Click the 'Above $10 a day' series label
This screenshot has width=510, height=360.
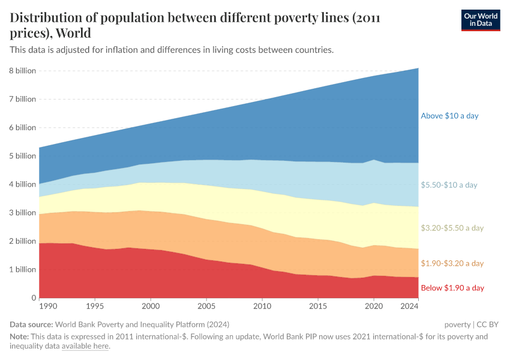click(x=449, y=116)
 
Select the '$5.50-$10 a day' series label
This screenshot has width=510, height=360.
click(x=449, y=185)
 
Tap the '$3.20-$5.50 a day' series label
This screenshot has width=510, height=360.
click(x=452, y=228)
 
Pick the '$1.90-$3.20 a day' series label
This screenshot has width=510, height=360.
click(x=452, y=263)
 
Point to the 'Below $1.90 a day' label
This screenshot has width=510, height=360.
click(x=452, y=288)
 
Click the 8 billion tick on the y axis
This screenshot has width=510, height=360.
click(x=22, y=71)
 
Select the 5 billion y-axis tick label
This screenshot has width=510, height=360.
click(x=22, y=156)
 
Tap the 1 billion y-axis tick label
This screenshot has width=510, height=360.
click(x=22, y=269)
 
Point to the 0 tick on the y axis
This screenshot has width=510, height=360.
click(x=34, y=298)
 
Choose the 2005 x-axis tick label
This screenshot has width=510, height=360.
click(x=206, y=307)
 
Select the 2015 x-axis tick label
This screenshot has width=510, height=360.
click(x=318, y=307)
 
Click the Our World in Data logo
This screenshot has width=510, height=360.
click(x=480, y=19)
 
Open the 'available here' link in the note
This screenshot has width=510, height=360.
click(x=85, y=346)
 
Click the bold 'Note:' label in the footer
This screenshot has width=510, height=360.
click(x=20, y=337)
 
